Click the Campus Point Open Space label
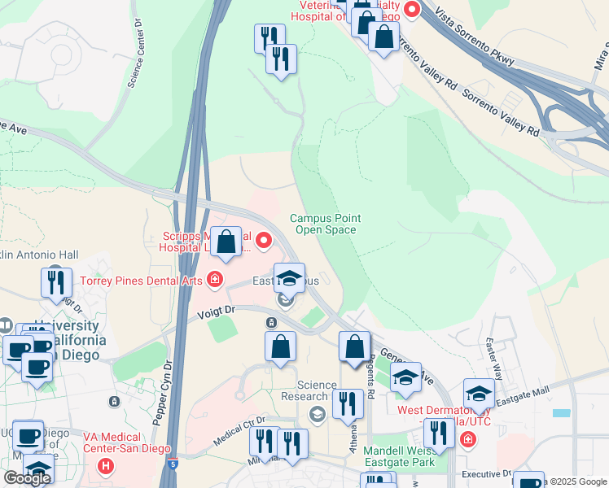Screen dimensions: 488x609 tap(326, 224)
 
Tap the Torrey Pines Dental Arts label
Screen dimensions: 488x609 tap(142, 281)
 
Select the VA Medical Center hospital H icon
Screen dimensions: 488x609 tap(105, 467)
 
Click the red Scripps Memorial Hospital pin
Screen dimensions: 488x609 tap(264, 241)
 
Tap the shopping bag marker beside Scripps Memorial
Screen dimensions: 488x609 tap(227, 242)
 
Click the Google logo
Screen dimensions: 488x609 tap(27, 477)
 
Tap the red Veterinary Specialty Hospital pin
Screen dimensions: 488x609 tap(411, 11)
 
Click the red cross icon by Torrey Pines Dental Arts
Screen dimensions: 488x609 tap(214, 281)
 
